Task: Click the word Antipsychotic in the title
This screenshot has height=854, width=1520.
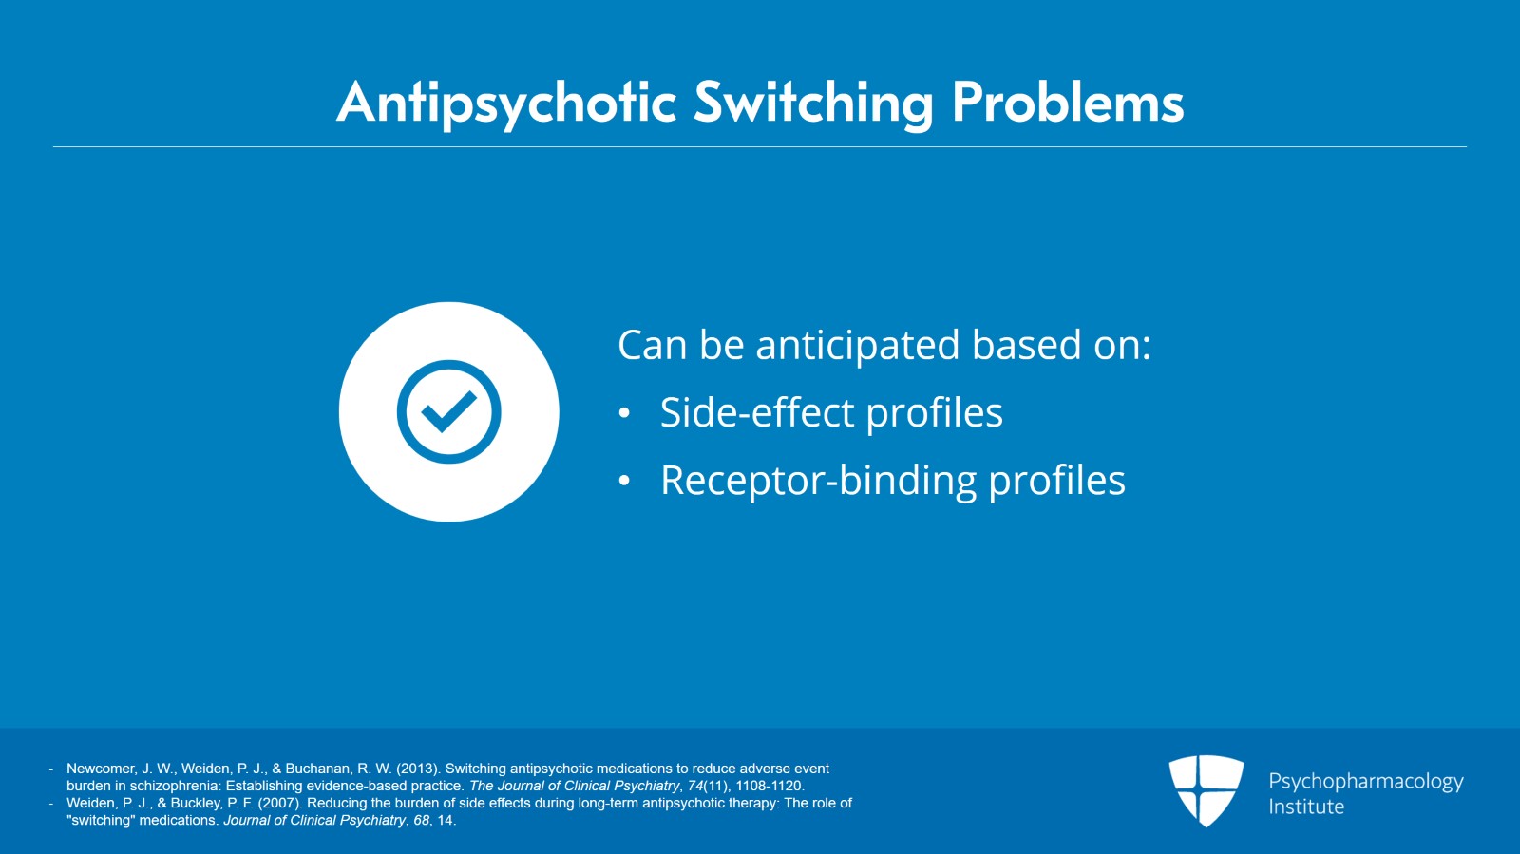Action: (x=506, y=103)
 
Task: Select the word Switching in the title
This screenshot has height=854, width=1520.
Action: (x=813, y=103)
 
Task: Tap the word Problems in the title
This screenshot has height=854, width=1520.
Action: (x=1067, y=103)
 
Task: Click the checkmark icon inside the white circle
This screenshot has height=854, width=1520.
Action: (x=448, y=411)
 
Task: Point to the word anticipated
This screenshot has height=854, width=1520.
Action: (x=857, y=346)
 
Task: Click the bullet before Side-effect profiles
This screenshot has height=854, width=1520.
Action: (x=624, y=413)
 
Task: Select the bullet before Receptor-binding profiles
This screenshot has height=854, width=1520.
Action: (x=624, y=481)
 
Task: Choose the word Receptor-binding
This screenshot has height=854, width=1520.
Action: (x=818, y=481)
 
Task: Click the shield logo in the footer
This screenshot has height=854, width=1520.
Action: (x=1206, y=789)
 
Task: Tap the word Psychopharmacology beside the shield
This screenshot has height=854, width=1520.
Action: (x=1365, y=781)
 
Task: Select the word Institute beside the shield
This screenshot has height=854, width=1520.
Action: (x=1306, y=807)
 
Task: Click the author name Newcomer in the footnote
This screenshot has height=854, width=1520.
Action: (x=101, y=769)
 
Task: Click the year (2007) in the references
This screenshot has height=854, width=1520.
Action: (x=280, y=803)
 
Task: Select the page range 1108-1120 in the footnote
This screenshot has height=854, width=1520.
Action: (x=769, y=786)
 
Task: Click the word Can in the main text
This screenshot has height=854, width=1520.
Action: (x=652, y=346)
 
